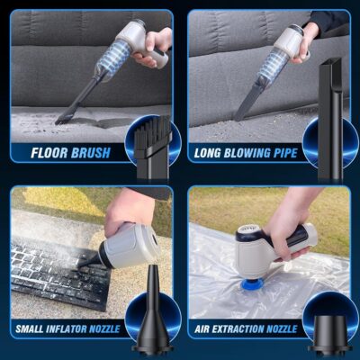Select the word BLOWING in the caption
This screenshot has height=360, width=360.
pyautogui.click(x=241, y=152)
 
